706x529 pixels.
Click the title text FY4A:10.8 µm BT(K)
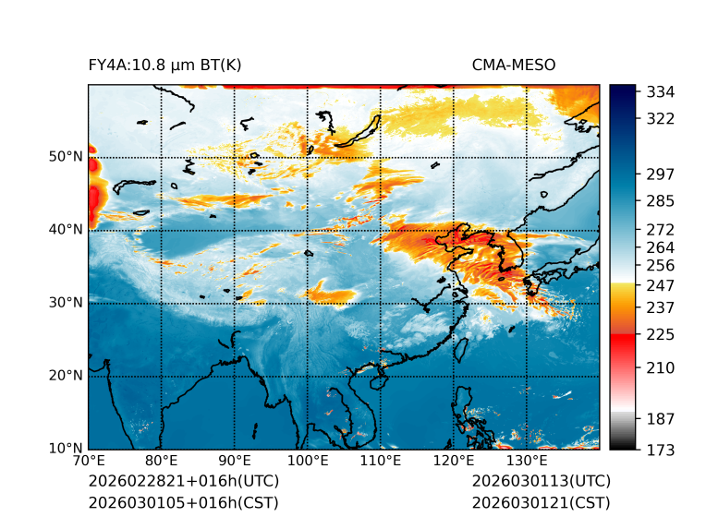(165, 65)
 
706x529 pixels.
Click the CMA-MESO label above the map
(514, 65)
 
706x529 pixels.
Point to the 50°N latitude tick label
(66, 157)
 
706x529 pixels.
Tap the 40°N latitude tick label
(66, 230)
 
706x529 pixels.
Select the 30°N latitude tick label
(66, 303)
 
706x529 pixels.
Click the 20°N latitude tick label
(66, 376)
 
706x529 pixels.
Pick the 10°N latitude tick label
(66, 449)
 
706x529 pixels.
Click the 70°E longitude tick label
(89, 461)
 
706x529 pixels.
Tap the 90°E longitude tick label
(235, 461)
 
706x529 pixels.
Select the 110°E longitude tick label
(381, 461)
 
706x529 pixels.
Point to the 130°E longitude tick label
(527, 461)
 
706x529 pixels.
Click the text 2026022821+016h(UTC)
(183, 482)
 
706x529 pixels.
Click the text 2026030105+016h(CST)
(183, 503)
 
